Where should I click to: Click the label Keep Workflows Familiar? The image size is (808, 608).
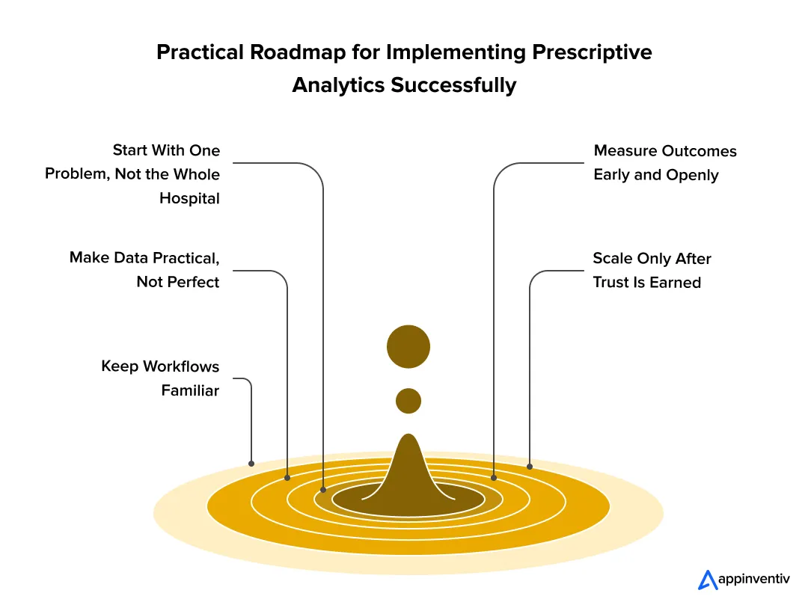(160, 378)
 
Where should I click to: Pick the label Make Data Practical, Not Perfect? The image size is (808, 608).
(144, 269)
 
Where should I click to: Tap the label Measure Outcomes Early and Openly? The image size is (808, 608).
(664, 163)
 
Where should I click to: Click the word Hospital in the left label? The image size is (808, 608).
(189, 199)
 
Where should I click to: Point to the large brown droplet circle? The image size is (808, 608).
(408, 346)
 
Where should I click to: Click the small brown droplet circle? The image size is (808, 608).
(408, 401)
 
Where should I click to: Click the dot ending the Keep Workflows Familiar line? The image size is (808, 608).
(251, 463)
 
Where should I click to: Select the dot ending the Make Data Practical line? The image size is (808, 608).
(287, 477)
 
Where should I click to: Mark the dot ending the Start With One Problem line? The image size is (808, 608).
(323, 491)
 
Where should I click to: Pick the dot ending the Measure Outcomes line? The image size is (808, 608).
(494, 477)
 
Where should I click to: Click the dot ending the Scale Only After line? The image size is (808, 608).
(530, 467)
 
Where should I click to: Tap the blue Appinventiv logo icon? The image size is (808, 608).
(707, 580)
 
